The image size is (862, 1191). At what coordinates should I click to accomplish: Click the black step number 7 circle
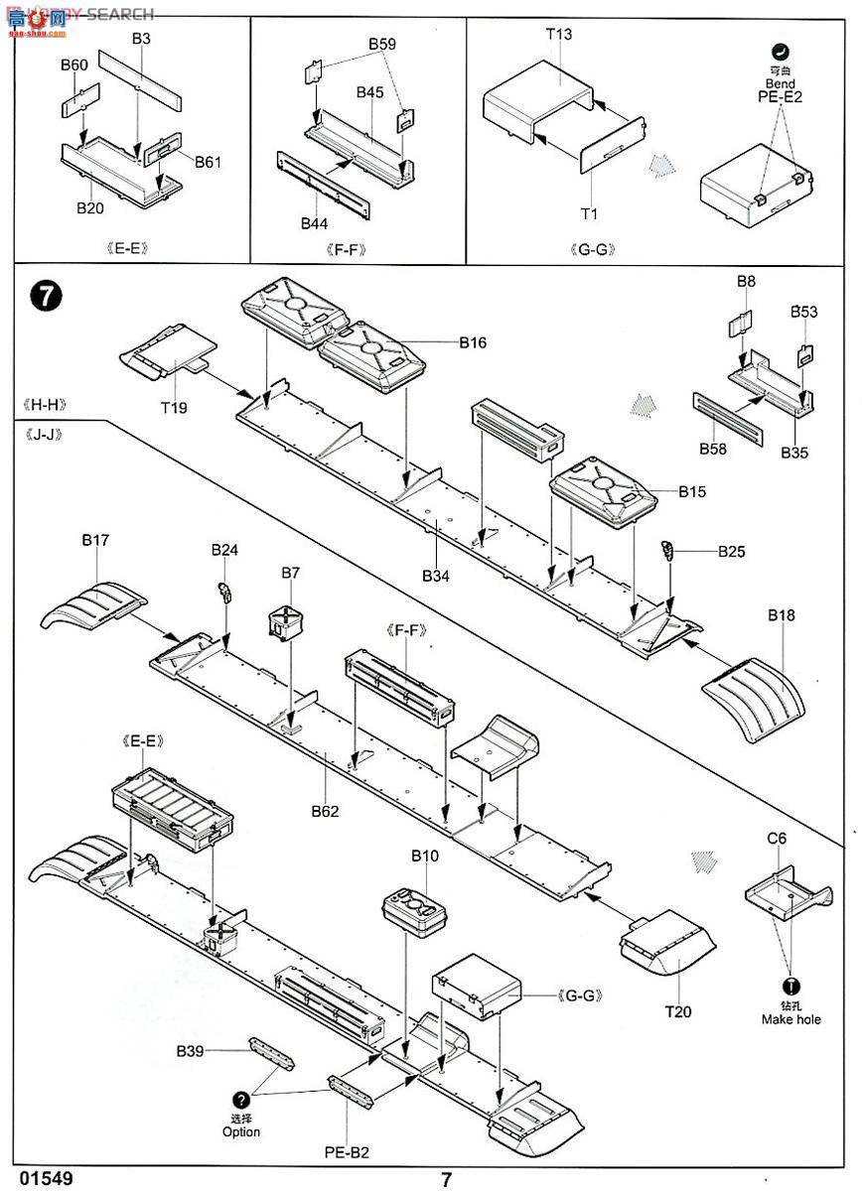pyautogui.click(x=47, y=296)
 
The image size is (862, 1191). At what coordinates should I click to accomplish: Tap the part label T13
pyautogui.click(x=559, y=34)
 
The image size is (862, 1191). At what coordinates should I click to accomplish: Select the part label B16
pyautogui.click(x=473, y=343)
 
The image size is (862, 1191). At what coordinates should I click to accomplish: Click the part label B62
pyautogui.click(x=324, y=811)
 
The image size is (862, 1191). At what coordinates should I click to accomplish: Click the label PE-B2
pyautogui.click(x=347, y=1152)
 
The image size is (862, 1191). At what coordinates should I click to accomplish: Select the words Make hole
pyautogui.click(x=791, y=1019)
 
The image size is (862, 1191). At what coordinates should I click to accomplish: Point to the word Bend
pyautogui.click(x=781, y=83)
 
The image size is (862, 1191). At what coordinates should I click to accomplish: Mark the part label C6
pyautogui.click(x=777, y=839)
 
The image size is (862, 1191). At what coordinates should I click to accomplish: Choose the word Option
pyautogui.click(x=241, y=1131)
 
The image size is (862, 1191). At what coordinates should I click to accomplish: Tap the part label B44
pyautogui.click(x=315, y=224)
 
